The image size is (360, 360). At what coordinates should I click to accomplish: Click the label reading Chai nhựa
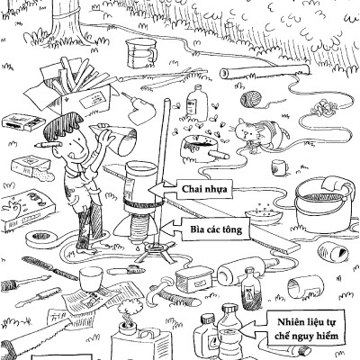click(204, 189)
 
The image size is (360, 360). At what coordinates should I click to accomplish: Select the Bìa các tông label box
click(216, 229)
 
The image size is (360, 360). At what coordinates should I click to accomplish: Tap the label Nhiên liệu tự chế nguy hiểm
click(307, 328)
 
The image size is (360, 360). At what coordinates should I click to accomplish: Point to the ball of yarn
click(251, 99)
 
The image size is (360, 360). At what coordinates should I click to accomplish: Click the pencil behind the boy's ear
click(49, 145)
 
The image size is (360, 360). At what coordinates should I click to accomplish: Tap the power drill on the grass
click(139, 109)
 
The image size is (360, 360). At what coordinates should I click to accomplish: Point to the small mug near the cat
click(279, 167)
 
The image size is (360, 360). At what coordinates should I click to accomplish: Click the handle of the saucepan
click(219, 155)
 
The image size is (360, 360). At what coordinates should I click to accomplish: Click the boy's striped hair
click(61, 124)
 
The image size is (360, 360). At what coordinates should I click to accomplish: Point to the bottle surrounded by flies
click(197, 103)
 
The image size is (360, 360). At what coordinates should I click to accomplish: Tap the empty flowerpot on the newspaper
click(91, 278)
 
